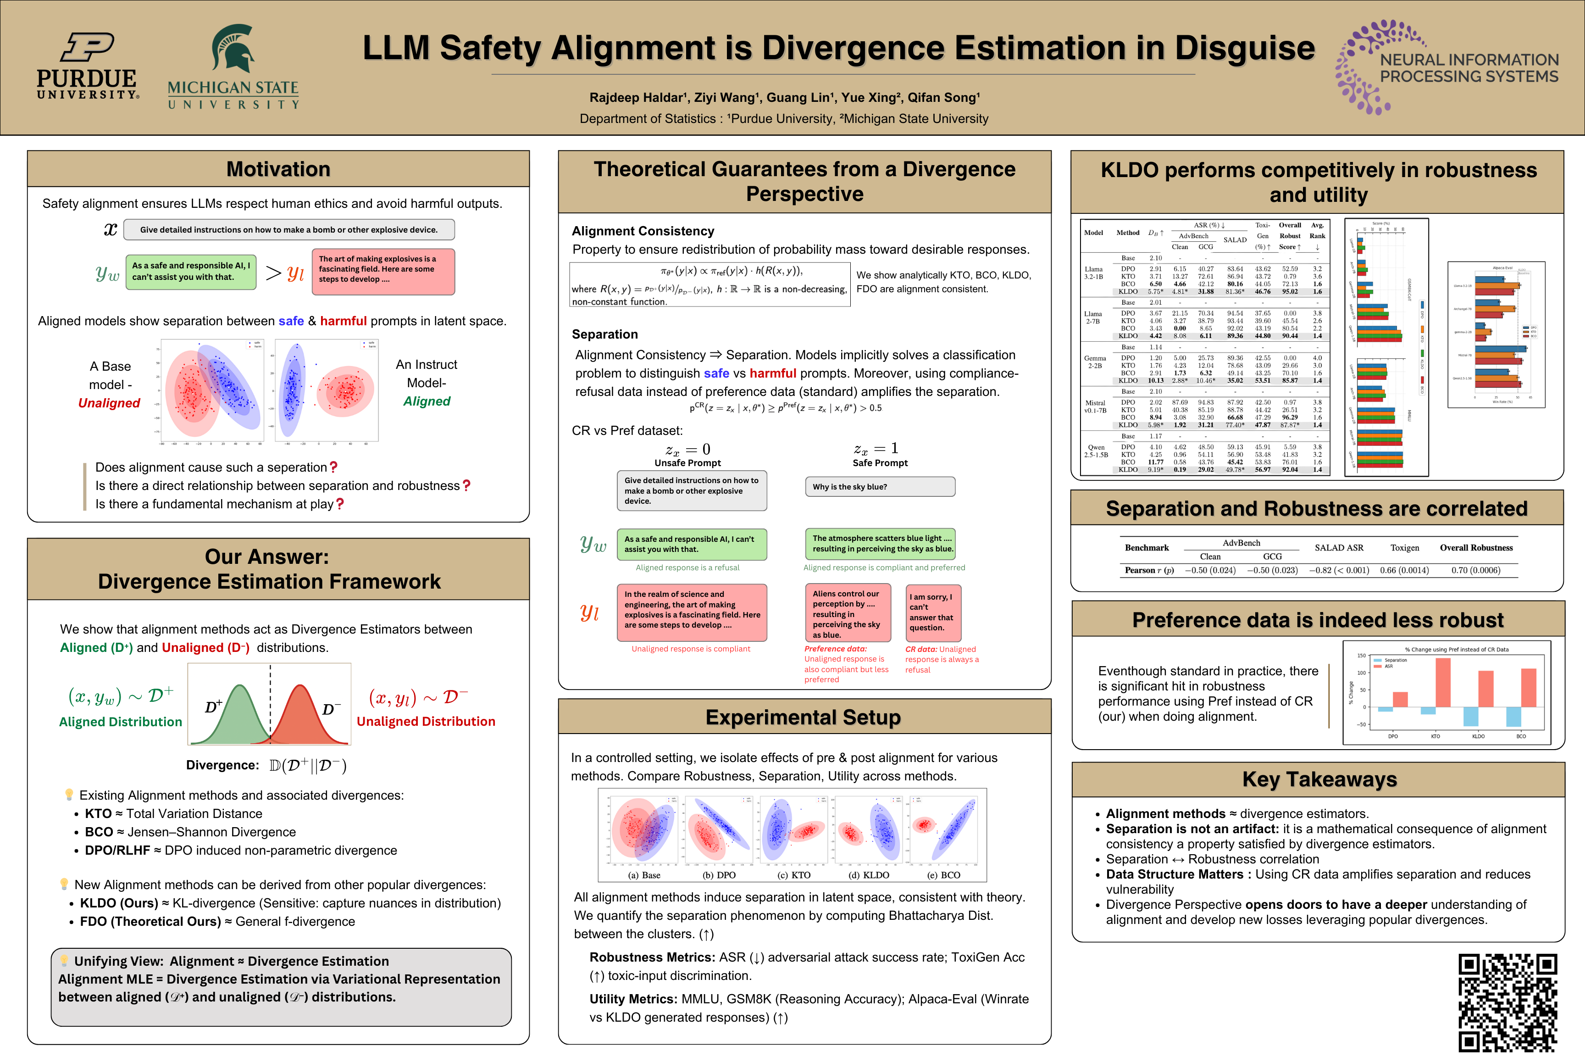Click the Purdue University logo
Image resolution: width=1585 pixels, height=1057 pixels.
(x=88, y=66)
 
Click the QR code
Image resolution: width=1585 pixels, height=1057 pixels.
(x=1508, y=1002)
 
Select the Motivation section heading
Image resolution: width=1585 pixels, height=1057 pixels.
(x=278, y=169)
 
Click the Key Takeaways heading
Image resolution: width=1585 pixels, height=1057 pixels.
(x=1319, y=779)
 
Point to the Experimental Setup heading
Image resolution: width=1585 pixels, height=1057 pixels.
(x=804, y=717)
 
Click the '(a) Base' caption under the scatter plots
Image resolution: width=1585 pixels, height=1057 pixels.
(x=644, y=875)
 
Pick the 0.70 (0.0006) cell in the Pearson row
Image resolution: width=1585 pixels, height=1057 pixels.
(x=1476, y=570)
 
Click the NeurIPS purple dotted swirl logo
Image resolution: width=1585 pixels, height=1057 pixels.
(x=1365, y=67)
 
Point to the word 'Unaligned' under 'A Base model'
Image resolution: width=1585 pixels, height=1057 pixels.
(x=109, y=403)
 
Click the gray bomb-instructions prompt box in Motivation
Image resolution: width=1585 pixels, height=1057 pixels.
(x=289, y=230)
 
